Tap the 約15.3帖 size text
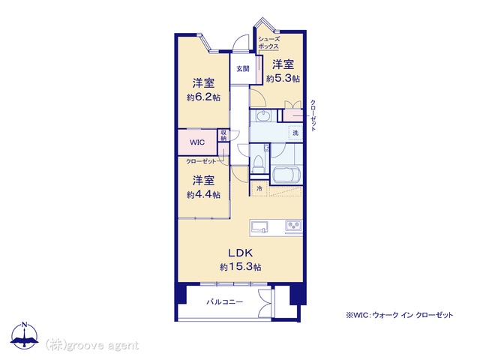[x=240, y=267]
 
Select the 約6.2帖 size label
[x=204, y=97]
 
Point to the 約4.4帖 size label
[x=204, y=194]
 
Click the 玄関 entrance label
[x=243, y=68]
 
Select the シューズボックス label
[x=268, y=43]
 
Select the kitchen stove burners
[x=292, y=226]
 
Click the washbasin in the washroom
[x=262, y=116]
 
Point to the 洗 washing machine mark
[x=295, y=133]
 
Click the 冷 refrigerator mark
[x=259, y=188]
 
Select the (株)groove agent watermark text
[x=92, y=345]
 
